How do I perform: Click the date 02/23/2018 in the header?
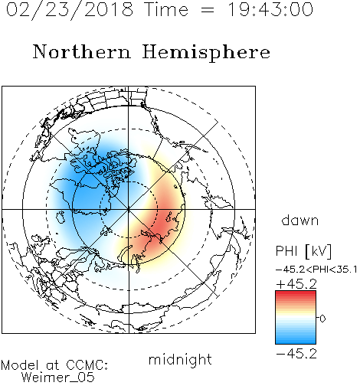coord(70,10)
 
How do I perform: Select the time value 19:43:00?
coord(270,9)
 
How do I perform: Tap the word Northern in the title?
coord(81,52)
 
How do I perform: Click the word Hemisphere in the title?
coord(206,53)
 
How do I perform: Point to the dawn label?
coord(300,220)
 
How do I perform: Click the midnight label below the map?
coord(180,359)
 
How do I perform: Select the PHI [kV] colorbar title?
coord(303,251)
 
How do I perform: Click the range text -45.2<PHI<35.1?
coord(316,270)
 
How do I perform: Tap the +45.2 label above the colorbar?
coord(296,284)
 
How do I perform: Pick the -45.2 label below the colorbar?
coord(296,354)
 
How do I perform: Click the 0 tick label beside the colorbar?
coord(322,319)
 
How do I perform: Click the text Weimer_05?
coord(57,378)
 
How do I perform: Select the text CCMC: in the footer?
coord(87,365)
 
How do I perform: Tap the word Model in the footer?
coord(20,365)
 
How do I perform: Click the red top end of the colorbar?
coord(296,293)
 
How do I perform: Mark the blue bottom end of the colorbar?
coord(296,342)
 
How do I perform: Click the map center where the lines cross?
coord(129,209)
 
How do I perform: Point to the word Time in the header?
coord(166,9)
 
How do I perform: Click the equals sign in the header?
coord(208,10)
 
